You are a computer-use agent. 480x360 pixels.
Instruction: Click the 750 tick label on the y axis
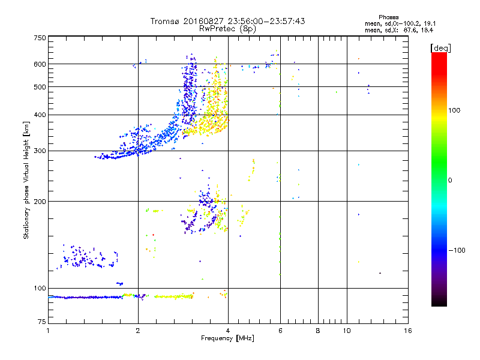(x=40, y=38)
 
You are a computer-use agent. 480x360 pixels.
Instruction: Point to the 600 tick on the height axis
(x=40, y=64)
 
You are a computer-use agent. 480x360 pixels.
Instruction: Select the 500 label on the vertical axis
(x=40, y=87)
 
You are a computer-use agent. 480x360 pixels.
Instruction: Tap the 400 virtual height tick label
(x=40, y=115)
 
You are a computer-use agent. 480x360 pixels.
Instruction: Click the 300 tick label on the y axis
(x=40, y=151)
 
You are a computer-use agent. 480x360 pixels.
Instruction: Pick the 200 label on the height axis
(x=40, y=201)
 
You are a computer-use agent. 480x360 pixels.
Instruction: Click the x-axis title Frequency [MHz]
(x=227, y=339)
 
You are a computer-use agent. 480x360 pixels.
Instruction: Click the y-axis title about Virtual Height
(x=26, y=180)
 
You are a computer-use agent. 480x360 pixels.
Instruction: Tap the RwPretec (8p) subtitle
(x=227, y=28)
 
